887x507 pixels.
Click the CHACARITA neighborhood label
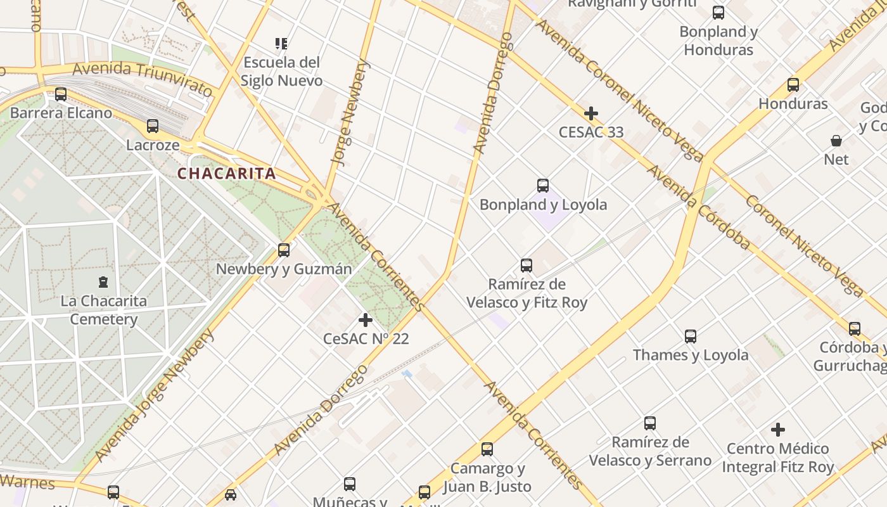coord(227,174)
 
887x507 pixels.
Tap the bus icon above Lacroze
coord(153,125)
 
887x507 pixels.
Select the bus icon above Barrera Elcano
coord(61,94)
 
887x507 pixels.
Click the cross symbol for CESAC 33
coord(591,113)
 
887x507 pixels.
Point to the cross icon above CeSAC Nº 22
coord(366,320)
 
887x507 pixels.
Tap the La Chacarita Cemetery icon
coord(103,281)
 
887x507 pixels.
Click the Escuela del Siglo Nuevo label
coord(281,72)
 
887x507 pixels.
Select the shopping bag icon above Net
coord(836,141)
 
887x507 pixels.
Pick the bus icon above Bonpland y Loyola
coord(543,186)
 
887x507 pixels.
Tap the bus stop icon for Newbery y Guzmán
coord(284,250)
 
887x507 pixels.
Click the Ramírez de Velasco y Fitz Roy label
coord(526,293)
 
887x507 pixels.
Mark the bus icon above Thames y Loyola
coord(691,337)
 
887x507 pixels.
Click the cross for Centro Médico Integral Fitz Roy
coord(778,430)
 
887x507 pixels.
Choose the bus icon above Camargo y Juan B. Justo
coord(487,449)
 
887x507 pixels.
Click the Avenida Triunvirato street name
coord(143,79)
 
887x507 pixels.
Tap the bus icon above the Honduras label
coord(793,84)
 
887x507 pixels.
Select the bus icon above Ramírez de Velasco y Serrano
coord(650,423)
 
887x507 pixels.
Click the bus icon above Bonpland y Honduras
coord(718,12)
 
